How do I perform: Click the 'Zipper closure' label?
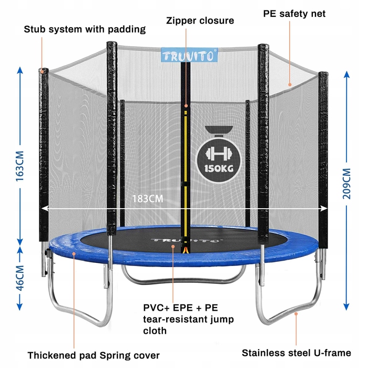(200, 21)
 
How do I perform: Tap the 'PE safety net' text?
(294, 14)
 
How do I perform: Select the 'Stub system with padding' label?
(85, 29)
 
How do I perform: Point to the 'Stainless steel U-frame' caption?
(297, 353)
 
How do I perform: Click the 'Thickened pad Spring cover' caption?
(94, 355)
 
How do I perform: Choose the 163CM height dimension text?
(20, 166)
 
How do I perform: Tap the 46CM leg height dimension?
(20, 278)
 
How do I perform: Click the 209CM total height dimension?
(346, 184)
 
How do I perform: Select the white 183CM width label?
(148, 199)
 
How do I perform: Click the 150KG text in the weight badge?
(219, 169)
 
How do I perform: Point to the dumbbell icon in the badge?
(219, 154)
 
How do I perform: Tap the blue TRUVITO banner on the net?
(189, 55)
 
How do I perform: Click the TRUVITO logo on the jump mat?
(187, 240)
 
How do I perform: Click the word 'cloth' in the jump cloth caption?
(155, 331)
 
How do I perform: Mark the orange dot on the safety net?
(290, 85)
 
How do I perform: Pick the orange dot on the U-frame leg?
(296, 313)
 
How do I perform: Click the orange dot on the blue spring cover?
(74, 253)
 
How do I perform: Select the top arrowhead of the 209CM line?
(346, 75)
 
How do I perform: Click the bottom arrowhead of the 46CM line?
(20, 306)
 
